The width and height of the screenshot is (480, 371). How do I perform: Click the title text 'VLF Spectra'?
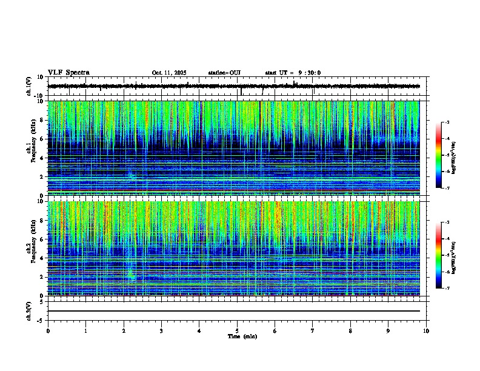click(68, 72)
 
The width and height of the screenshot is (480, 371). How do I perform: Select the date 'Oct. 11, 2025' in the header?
click(169, 73)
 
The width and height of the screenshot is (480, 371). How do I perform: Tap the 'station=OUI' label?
click(224, 73)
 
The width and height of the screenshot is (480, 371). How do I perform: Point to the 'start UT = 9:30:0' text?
click(293, 73)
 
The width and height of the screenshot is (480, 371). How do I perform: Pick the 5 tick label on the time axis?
click(237, 331)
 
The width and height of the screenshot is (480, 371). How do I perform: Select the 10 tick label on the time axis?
click(426, 331)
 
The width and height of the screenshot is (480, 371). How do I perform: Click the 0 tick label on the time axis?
click(48, 331)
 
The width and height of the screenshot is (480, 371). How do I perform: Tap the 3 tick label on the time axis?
click(161, 331)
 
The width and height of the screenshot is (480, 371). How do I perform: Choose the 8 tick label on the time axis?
click(350, 331)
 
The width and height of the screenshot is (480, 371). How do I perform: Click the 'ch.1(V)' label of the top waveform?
click(29, 87)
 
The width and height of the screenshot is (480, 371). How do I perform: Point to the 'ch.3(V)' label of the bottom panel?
click(29, 310)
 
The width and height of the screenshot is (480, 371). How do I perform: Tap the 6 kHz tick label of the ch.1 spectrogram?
click(42, 139)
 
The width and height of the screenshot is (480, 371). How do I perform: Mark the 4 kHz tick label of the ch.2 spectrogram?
click(42, 258)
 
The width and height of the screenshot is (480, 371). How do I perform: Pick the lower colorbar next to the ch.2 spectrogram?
click(439, 255)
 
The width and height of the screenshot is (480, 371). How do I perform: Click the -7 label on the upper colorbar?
click(447, 188)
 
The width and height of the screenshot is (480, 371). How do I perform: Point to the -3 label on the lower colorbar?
click(447, 222)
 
